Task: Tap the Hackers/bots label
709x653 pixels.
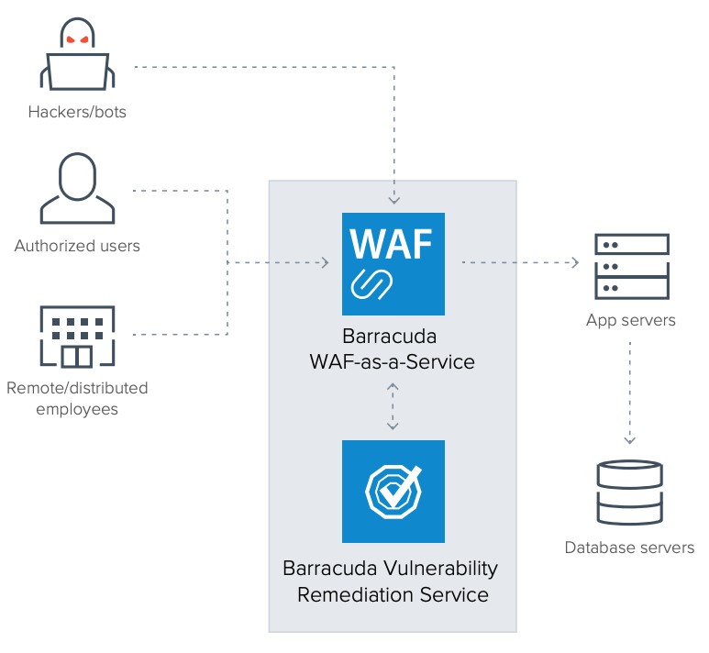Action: pos(77,113)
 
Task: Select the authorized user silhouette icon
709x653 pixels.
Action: pos(77,189)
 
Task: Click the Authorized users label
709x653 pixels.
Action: pos(77,246)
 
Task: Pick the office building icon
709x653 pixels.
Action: pos(77,336)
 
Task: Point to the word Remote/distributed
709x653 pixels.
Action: pos(77,388)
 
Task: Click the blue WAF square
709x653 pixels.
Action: pos(393,264)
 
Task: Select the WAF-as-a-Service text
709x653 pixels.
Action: pos(393,361)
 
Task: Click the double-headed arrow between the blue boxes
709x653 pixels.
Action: pos(393,406)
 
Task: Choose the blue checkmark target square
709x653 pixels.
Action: pos(393,492)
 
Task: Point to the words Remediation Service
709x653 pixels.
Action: pos(393,594)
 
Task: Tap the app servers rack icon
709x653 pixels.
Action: pos(631,265)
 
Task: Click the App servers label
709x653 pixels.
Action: pos(631,320)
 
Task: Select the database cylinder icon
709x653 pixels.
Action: pos(629,493)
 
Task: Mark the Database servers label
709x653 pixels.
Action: pos(629,548)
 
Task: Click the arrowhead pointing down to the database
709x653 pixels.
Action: pos(630,438)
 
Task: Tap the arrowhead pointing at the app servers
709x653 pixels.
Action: pos(574,263)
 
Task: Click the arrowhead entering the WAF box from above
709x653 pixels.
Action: pos(393,199)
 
